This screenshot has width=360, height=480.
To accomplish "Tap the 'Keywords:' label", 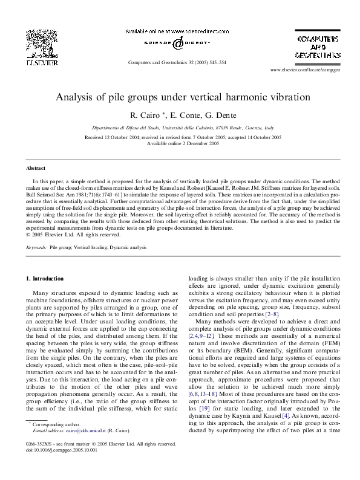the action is point(36,248).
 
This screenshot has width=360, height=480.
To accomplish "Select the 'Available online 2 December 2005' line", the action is point(180,144).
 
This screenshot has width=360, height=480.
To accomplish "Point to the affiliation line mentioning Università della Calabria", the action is point(180,128).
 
